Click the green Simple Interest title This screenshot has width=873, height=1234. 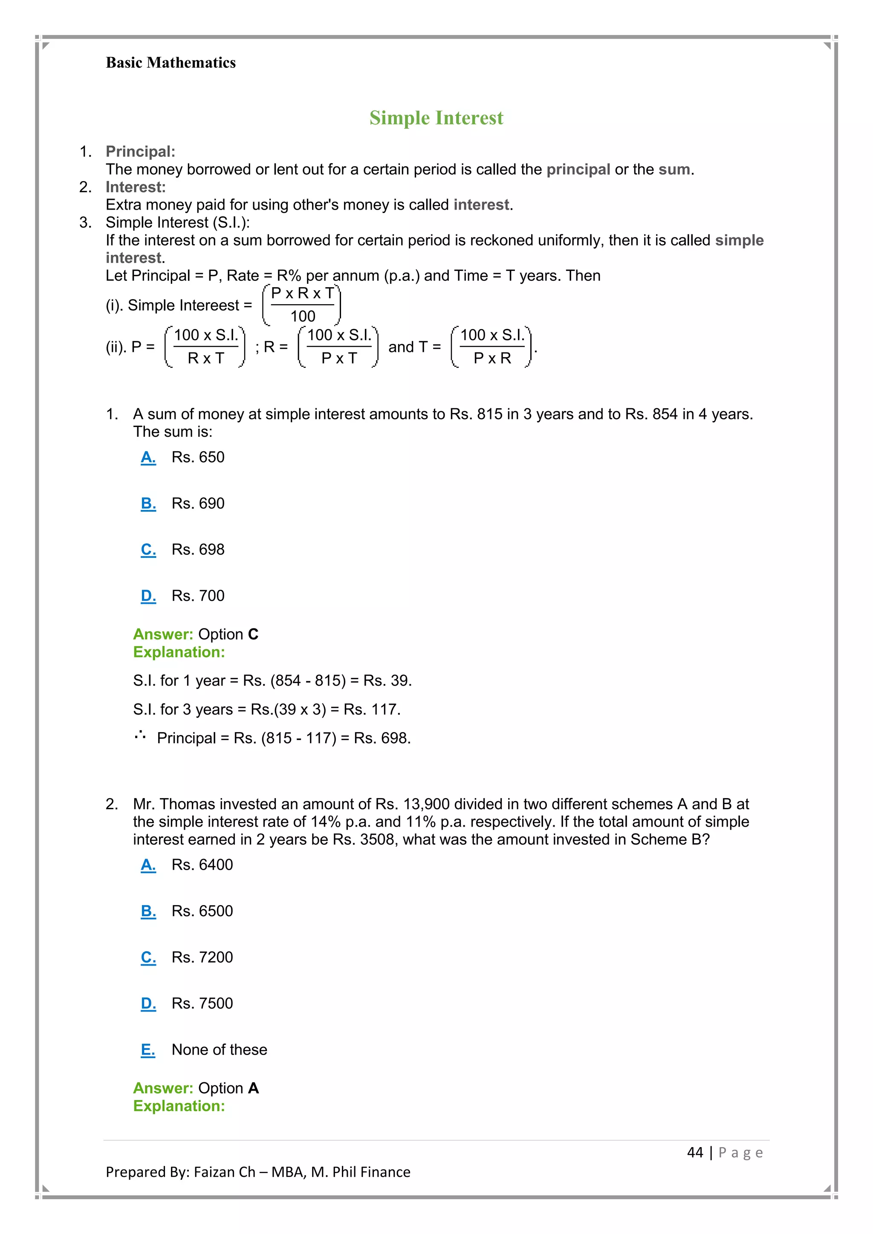click(436, 118)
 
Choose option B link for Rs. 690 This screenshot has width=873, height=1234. click(148, 504)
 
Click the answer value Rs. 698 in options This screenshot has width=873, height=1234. click(198, 549)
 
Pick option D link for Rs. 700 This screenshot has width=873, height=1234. click(148, 596)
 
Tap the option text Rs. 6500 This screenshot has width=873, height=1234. click(202, 911)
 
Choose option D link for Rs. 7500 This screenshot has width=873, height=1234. click(148, 1003)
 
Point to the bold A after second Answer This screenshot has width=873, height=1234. click(253, 1088)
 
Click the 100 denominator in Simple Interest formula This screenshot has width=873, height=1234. click(303, 317)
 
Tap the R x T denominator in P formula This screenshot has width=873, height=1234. click(205, 358)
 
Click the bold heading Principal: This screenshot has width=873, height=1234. click(140, 152)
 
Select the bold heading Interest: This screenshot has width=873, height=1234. click(136, 187)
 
